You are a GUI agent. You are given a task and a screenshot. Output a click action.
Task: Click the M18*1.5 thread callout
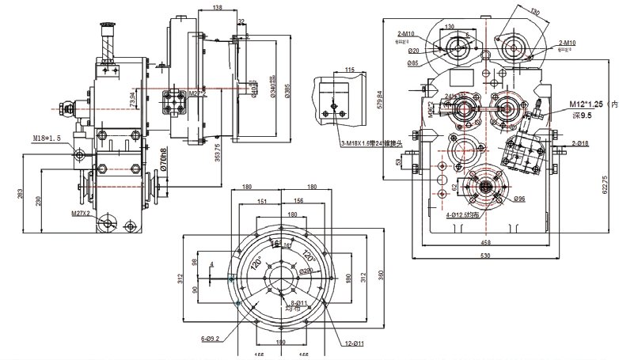point(47,139)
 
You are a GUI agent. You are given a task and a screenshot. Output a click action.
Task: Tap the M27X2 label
point(80,213)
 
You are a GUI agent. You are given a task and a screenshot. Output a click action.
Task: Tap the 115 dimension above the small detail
point(350,71)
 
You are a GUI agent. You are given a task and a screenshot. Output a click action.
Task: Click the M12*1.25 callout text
point(587,104)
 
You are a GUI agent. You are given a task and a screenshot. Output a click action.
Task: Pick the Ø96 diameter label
point(519,198)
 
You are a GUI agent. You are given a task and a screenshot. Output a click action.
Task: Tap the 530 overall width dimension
point(484,255)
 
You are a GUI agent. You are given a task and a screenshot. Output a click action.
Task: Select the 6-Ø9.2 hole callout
point(210,339)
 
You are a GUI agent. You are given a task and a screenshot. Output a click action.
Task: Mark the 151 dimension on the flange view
point(261,202)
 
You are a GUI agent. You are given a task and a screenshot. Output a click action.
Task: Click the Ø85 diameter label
point(413,63)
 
